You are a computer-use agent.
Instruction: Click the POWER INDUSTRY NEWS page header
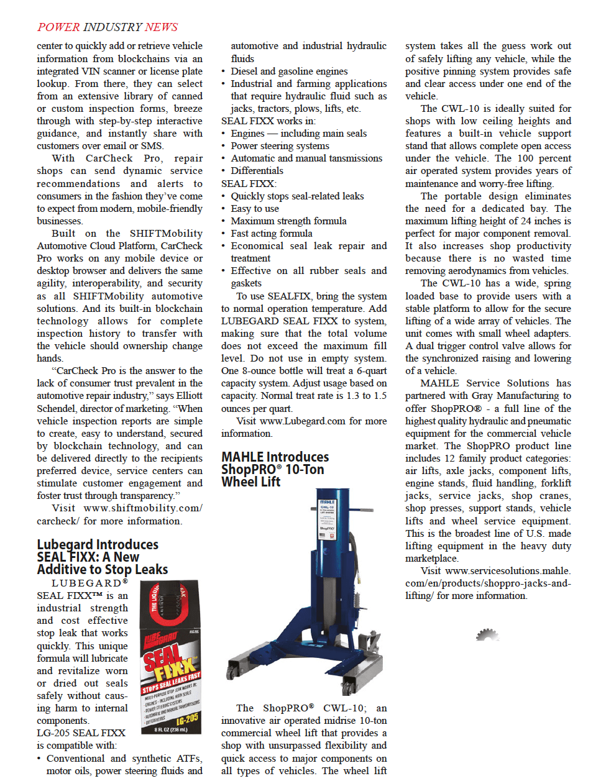point(108,27)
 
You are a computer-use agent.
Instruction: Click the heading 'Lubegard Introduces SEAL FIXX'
point(102,557)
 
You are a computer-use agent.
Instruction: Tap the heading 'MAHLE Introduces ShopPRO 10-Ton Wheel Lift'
point(275,469)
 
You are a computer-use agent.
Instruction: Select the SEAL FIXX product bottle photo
point(170,657)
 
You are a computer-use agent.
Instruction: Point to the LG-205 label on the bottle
point(186,719)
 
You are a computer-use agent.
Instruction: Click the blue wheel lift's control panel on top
point(327,519)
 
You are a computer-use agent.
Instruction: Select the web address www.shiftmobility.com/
point(142,508)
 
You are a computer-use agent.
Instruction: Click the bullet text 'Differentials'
point(257,170)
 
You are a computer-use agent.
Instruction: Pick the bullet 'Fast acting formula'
point(272,233)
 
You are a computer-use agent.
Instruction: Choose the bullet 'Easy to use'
point(255,208)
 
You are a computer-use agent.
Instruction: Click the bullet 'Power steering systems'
point(280,145)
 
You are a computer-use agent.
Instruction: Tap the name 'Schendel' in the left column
point(56,408)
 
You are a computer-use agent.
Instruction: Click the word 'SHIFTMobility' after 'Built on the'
point(166,233)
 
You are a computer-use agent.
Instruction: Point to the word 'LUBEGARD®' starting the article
point(90,583)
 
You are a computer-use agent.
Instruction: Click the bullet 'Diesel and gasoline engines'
point(289,71)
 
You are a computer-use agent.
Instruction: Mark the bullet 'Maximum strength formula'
point(288,221)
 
